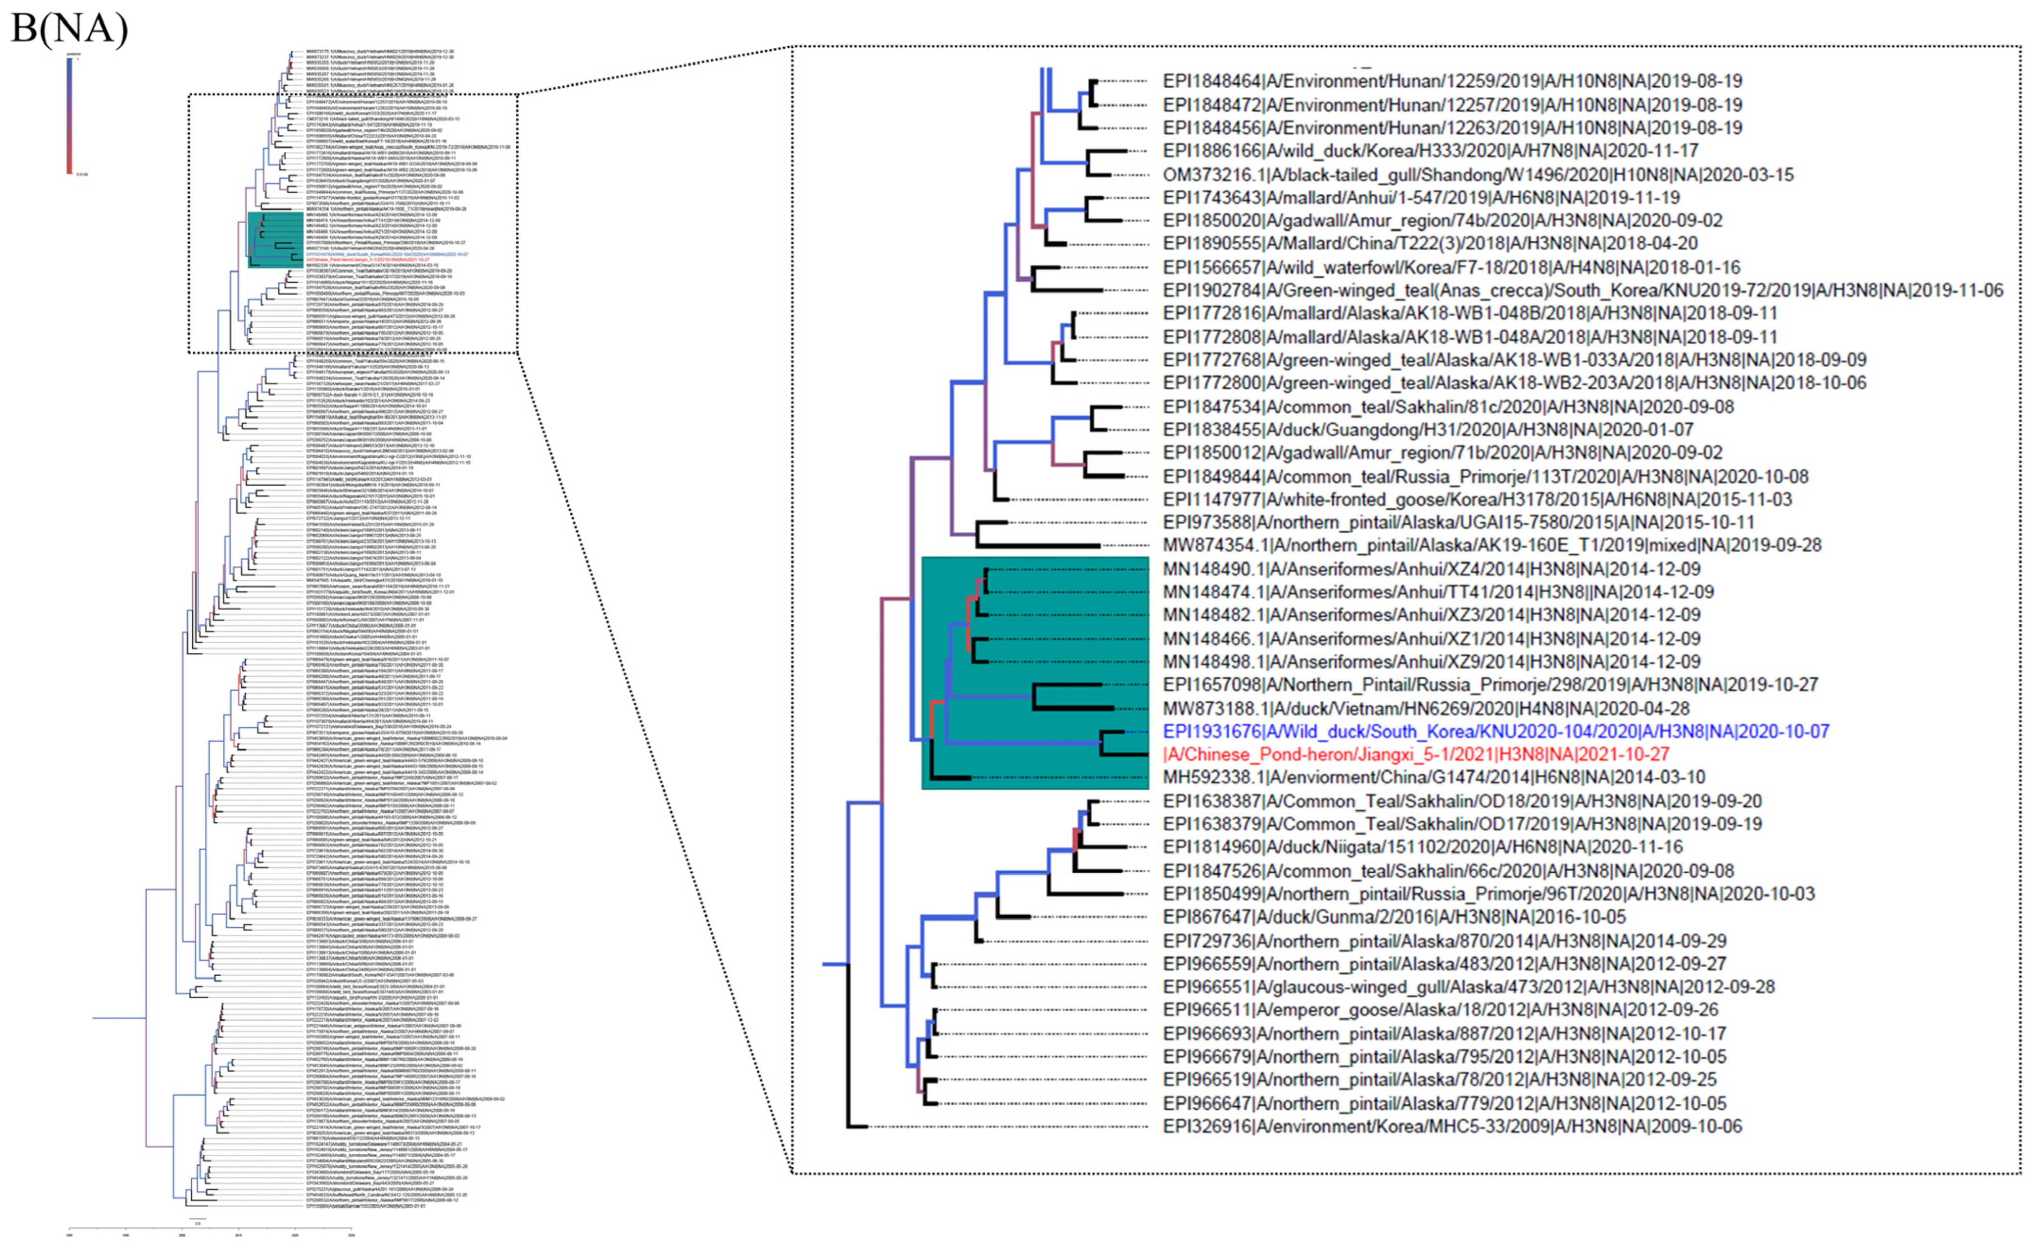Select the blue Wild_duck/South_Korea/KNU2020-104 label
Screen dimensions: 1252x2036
(x=1495, y=731)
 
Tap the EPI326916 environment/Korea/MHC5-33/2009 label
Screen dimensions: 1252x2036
(x=1451, y=1126)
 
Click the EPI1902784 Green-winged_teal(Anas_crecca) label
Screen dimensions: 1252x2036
(x=1582, y=290)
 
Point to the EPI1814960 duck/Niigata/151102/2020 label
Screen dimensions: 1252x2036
(x=1439, y=846)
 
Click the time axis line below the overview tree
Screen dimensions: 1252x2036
(x=210, y=1228)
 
